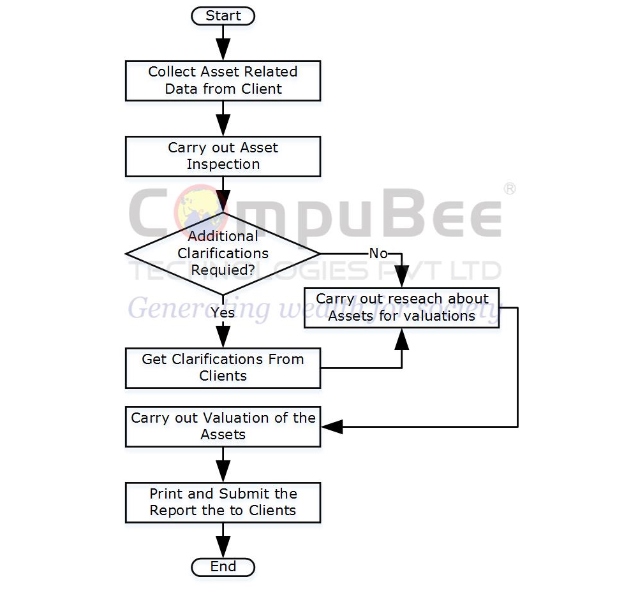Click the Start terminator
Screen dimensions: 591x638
(223, 16)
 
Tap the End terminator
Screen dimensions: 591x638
(223, 567)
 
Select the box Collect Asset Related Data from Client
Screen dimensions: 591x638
(223, 80)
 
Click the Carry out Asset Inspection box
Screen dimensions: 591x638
(223, 156)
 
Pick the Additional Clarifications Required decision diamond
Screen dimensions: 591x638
(223, 253)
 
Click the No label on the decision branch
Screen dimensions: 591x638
(378, 254)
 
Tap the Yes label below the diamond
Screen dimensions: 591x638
(223, 312)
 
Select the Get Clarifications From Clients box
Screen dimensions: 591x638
(223, 368)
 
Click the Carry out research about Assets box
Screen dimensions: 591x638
(401, 307)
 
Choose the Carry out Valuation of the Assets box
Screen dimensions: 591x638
(223, 427)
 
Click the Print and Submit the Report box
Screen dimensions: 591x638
(223, 502)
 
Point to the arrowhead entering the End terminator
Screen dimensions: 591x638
(223, 548)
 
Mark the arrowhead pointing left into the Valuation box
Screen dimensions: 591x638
(331, 427)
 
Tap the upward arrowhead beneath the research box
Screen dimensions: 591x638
(401, 340)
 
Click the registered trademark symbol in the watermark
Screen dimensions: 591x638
(509, 189)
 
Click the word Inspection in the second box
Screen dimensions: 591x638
(223, 164)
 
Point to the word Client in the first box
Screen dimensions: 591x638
(260, 89)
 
